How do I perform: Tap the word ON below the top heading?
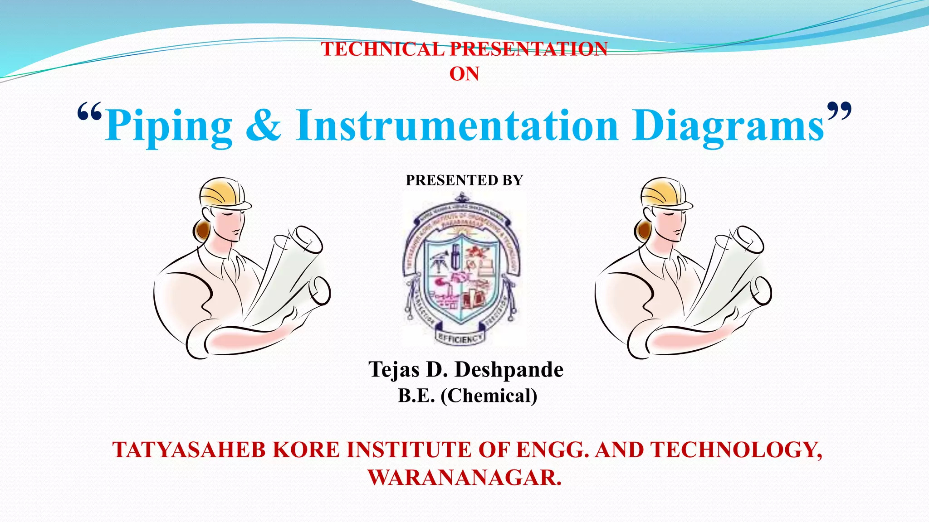464,74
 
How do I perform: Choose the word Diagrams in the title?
728,126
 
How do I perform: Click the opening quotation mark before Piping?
89,112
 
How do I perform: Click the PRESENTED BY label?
464,180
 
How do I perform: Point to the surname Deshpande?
509,370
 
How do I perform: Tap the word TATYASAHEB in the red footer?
189,450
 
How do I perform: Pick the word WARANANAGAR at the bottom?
464,478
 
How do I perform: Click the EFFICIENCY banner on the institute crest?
460,337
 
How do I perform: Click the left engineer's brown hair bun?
200,230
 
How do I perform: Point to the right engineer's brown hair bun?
642,230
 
